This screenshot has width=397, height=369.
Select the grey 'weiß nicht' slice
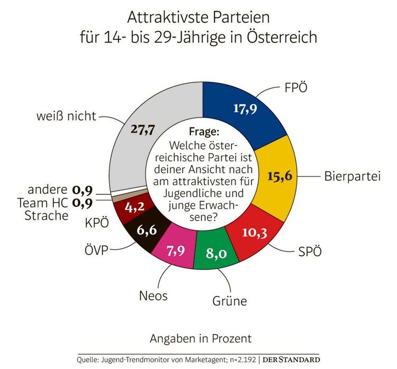(148, 132)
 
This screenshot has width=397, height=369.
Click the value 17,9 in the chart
(245, 108)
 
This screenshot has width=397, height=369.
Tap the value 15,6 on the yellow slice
(279, 176)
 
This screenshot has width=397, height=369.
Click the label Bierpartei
(353, 176)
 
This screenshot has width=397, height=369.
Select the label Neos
(154, 295)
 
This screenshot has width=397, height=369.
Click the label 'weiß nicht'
(66, 115)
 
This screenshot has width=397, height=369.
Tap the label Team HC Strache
(43, 209)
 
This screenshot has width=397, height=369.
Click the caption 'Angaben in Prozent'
(201, 337)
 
